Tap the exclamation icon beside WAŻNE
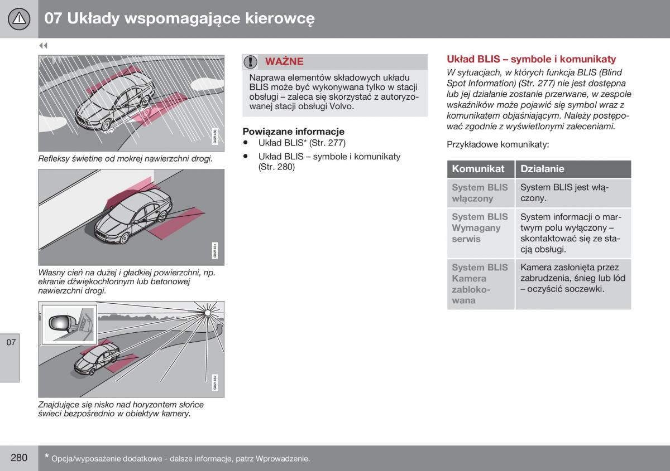click(251, 61)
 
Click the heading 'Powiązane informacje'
click(293, 132)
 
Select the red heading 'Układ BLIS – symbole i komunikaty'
click(531, 59)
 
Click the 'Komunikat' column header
click(478, 169)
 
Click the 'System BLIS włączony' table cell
click(480, 193)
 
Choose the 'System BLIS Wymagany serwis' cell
click(480, 227)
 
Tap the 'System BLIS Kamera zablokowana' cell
click(480, 284)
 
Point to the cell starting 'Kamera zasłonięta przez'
click(572, 278)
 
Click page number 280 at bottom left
click(18, 458)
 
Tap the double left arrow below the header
click(43, 46)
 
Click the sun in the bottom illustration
click(208, 312)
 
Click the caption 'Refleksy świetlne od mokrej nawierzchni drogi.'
click(126, 159)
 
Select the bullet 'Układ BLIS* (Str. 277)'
click(301, 143)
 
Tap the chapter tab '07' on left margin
click(11, 342)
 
